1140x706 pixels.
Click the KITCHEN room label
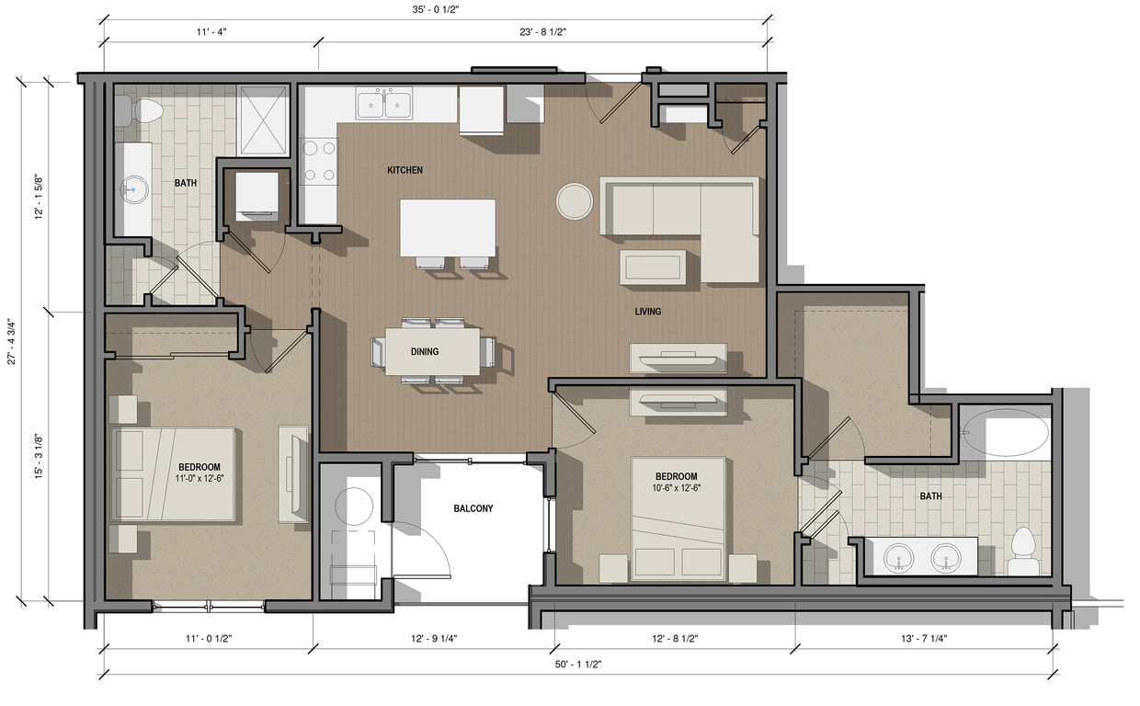(x=405, y=170)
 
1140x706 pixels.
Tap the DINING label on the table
(x=425, y=351)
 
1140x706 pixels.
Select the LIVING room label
(x=647, y=312)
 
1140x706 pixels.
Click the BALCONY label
(x=473, y=508)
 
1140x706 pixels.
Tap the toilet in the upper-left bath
(x=141, y=111)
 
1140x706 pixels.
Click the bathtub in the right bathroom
(x=1004, y=432)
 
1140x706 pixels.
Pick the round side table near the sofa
(x=575, y=200)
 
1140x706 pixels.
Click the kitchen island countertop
(x=448, y=227)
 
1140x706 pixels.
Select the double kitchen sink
(x=384, y=103)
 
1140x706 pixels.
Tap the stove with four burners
(x=319, y=161)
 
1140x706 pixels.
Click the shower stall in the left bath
(x=263, y=120)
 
